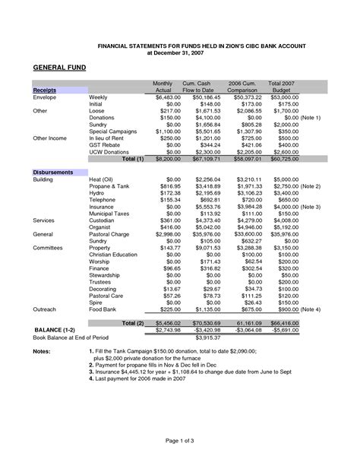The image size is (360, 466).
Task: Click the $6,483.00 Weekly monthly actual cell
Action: pos(166,98)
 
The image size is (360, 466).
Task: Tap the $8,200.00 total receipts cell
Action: pos(166,159)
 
